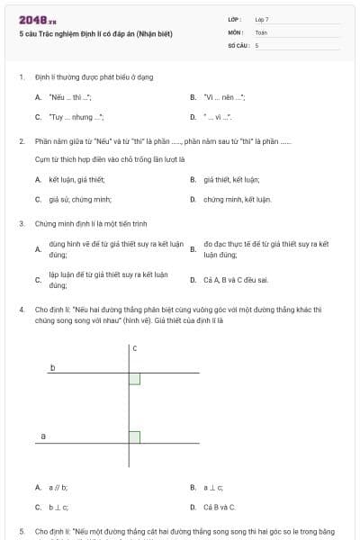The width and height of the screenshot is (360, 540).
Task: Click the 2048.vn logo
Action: [x=37, y=19]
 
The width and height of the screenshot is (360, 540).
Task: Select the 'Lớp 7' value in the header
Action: [x=262, y=18]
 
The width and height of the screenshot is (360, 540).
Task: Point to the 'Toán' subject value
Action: [x=261, y=31]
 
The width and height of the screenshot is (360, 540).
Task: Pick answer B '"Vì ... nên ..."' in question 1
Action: [x=224, y=96]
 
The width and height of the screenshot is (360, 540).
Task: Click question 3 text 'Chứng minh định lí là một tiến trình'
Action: [x=88, y=223]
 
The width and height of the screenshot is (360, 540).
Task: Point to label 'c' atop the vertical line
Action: [x=134, y=347]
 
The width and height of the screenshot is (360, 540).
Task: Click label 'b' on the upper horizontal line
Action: [x=52, y=368]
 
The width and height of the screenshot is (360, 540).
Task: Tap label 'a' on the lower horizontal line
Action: [x=43, y=436]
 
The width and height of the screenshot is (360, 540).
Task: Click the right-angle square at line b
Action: [x=134, y=379]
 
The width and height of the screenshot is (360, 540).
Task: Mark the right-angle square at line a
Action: [x=134, y=437]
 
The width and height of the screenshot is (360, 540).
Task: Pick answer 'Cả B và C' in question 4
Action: [x=220, y=508]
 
